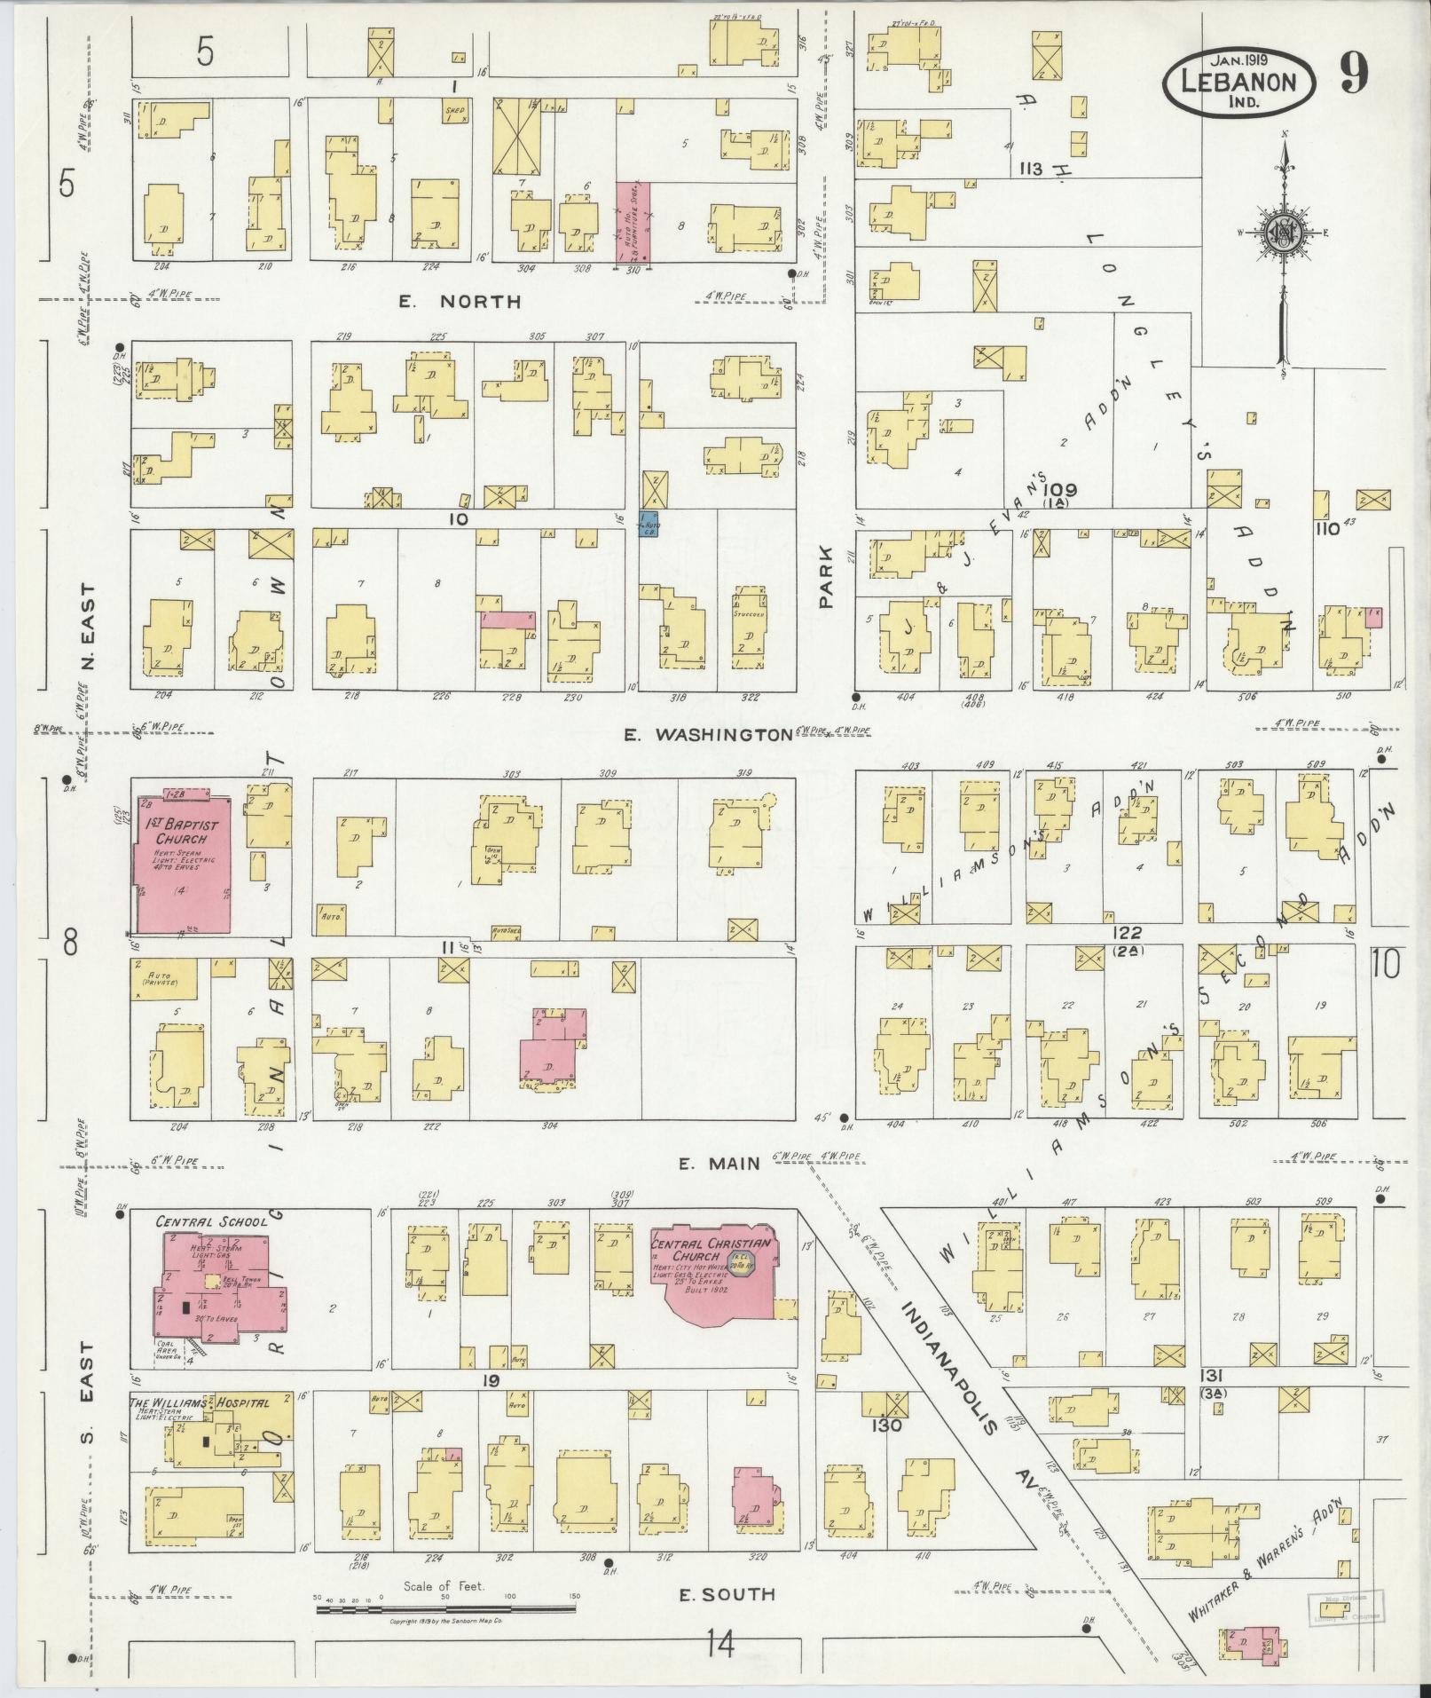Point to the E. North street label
coord(459,302)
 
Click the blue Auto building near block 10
coord(650,524)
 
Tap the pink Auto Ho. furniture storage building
coord(633,222)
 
